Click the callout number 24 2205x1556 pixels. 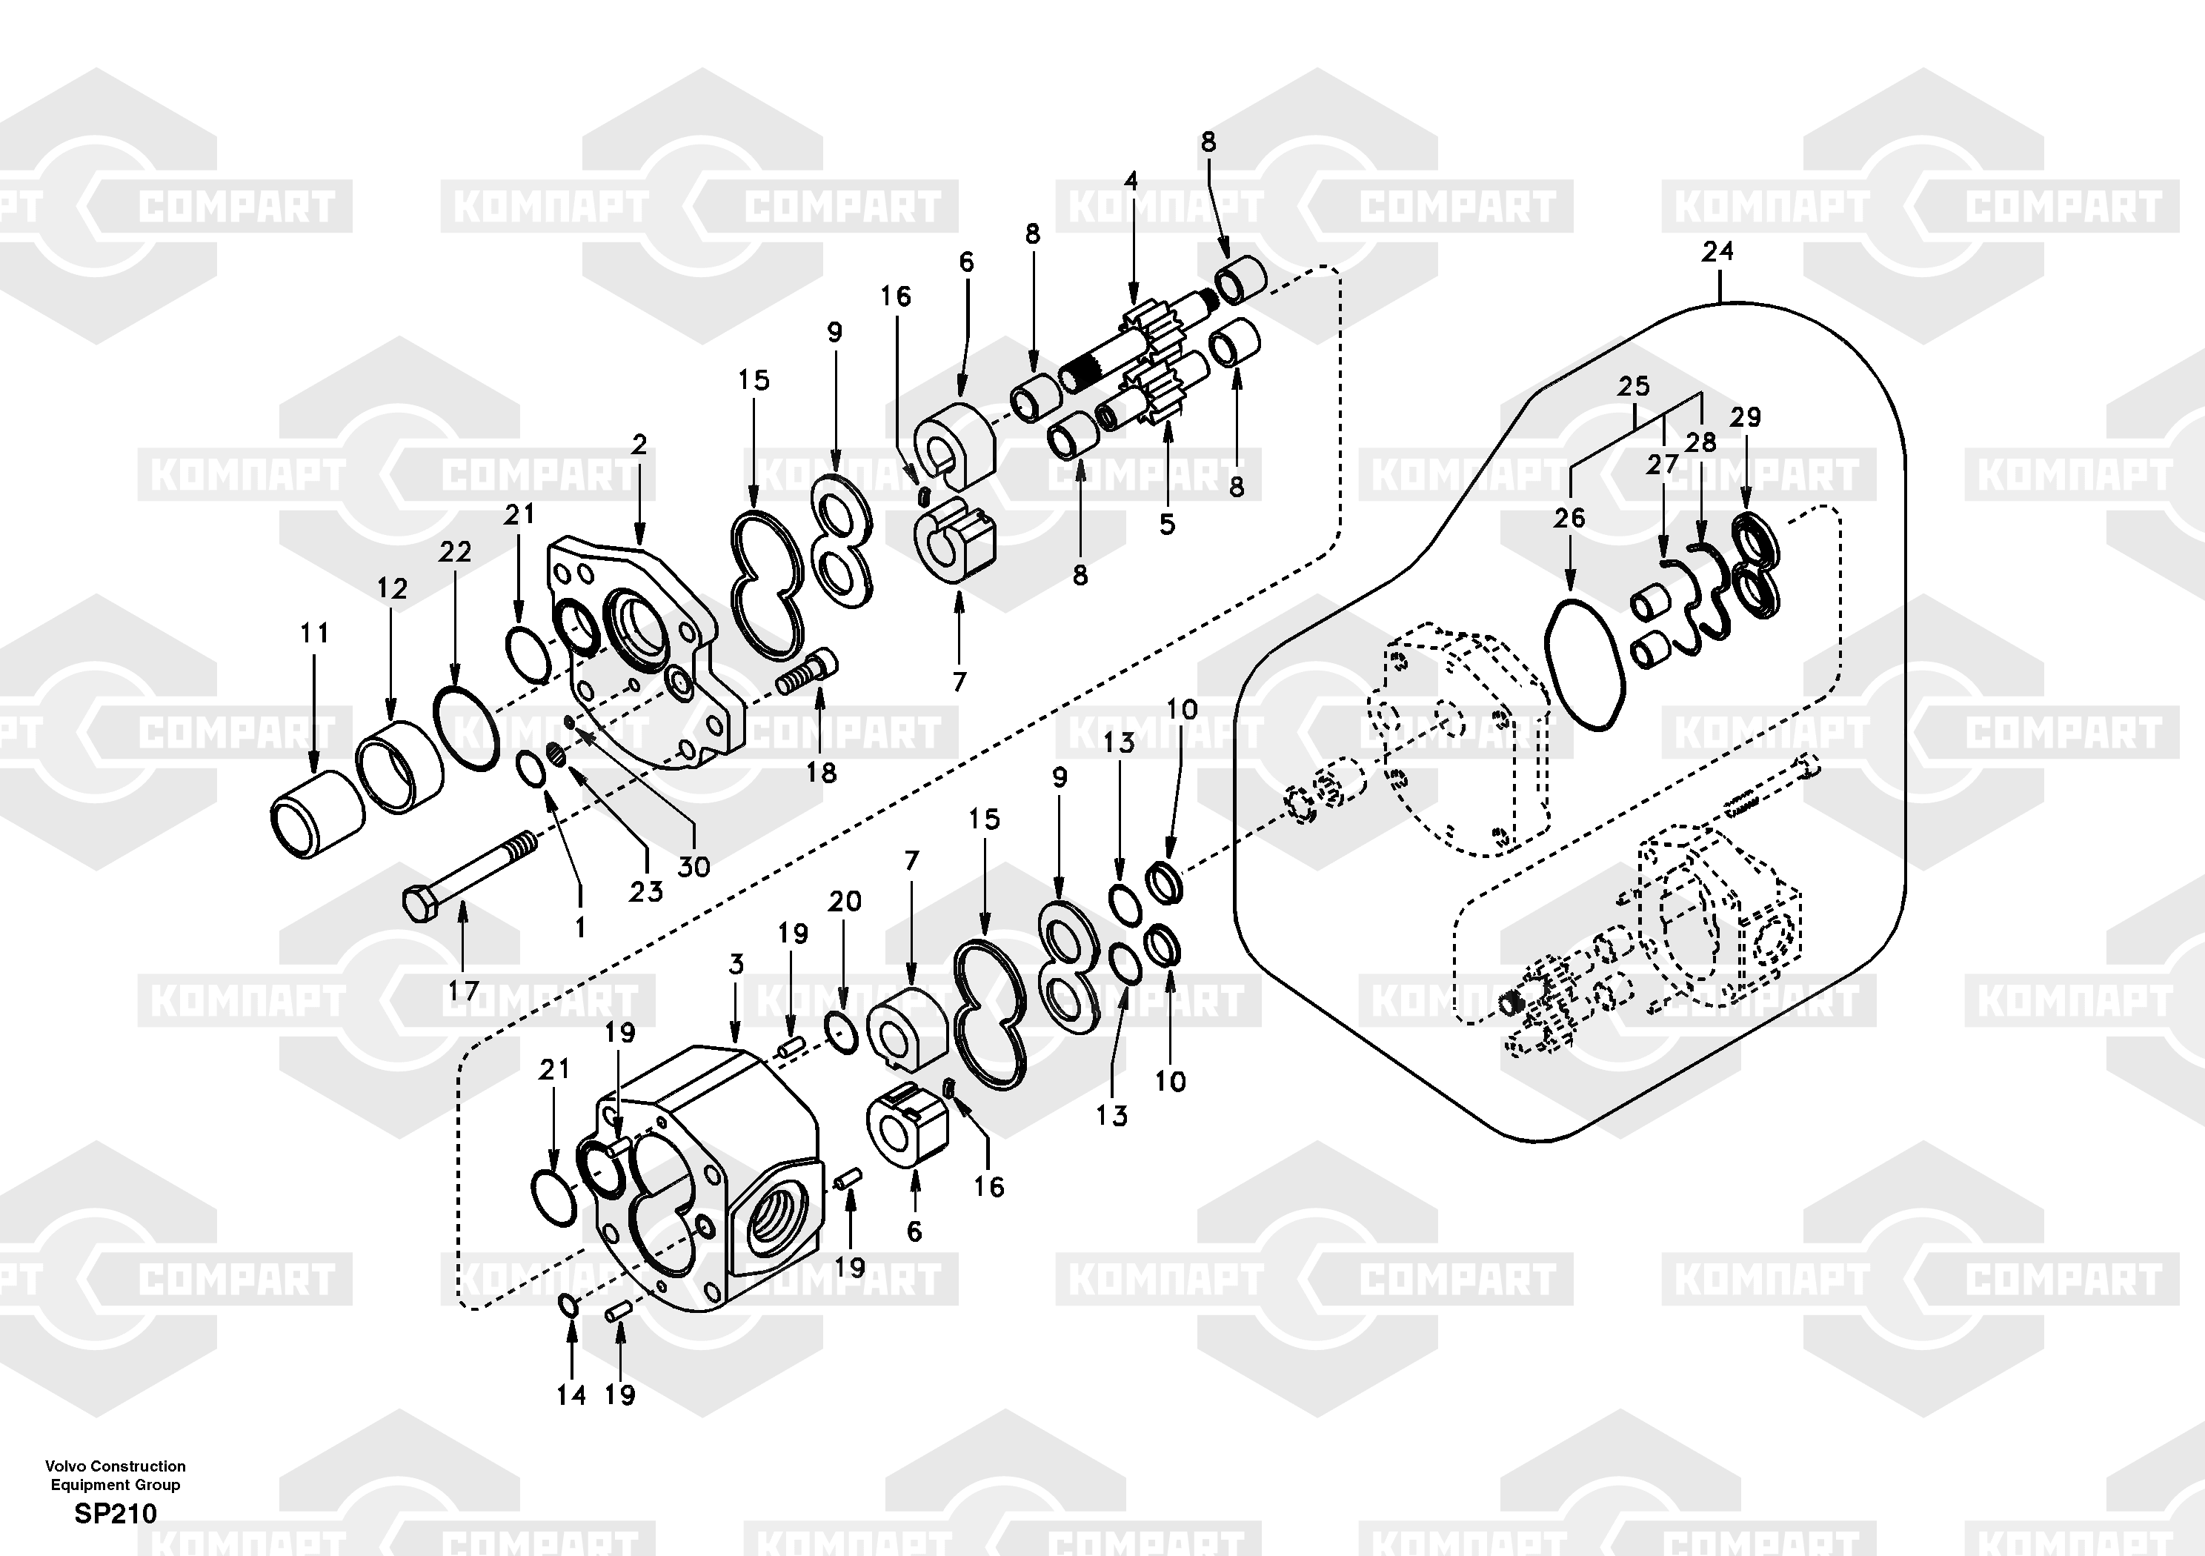pyautogui.click(x=1717, y=252)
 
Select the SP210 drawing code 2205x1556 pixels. pyautogui.click(x=116, y=1514)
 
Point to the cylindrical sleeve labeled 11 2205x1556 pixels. pyautogui.click(x=318, y=814)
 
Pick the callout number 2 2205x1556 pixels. pyautogui.click(x=639, y=445)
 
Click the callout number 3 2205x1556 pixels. pyautogui.click(x=736, y=963)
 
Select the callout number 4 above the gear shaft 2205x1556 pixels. pyautogui.click(x=1131, y=181)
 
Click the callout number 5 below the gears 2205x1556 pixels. pyautogui.click(x=1167, y=525)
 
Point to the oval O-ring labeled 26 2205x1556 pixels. pyautogui.click(x=1586, y=665)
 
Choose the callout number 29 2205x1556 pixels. pyautogui.click(x=1745, y=417)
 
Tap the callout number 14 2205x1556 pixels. pyautogui.click(x=571, y=1394)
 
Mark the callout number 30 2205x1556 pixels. pyautogui.click(x=694, y=866)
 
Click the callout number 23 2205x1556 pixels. pyautogui.click(x=645, y=891)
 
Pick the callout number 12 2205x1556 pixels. pyautogui.click(x=392, y=588)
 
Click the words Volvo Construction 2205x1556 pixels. pyautogui.click(x=116, y=1466)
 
